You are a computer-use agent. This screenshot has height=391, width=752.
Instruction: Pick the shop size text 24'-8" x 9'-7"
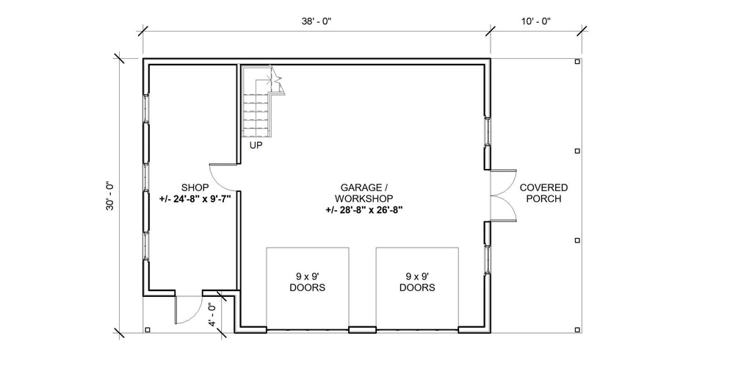coord(190,198)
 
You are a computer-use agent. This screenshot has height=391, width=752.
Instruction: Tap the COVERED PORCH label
coord(543,193)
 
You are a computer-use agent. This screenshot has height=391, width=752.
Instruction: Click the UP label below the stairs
coord(256,146)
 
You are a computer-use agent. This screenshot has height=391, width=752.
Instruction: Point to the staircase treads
coord(257,110)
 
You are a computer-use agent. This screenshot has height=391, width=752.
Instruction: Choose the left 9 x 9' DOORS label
coord(307,282)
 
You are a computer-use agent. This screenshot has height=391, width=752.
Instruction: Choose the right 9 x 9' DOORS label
coord(417,282)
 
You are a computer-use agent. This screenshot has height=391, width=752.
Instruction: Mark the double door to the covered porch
coord(505,195)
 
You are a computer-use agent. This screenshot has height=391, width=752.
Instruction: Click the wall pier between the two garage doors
coord(362,329)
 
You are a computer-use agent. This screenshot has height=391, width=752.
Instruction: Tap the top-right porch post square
coord(577,62)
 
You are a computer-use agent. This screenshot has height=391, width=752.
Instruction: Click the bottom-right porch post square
coord(577,329)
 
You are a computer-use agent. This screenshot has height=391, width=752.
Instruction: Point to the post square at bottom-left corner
coord(148,329)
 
